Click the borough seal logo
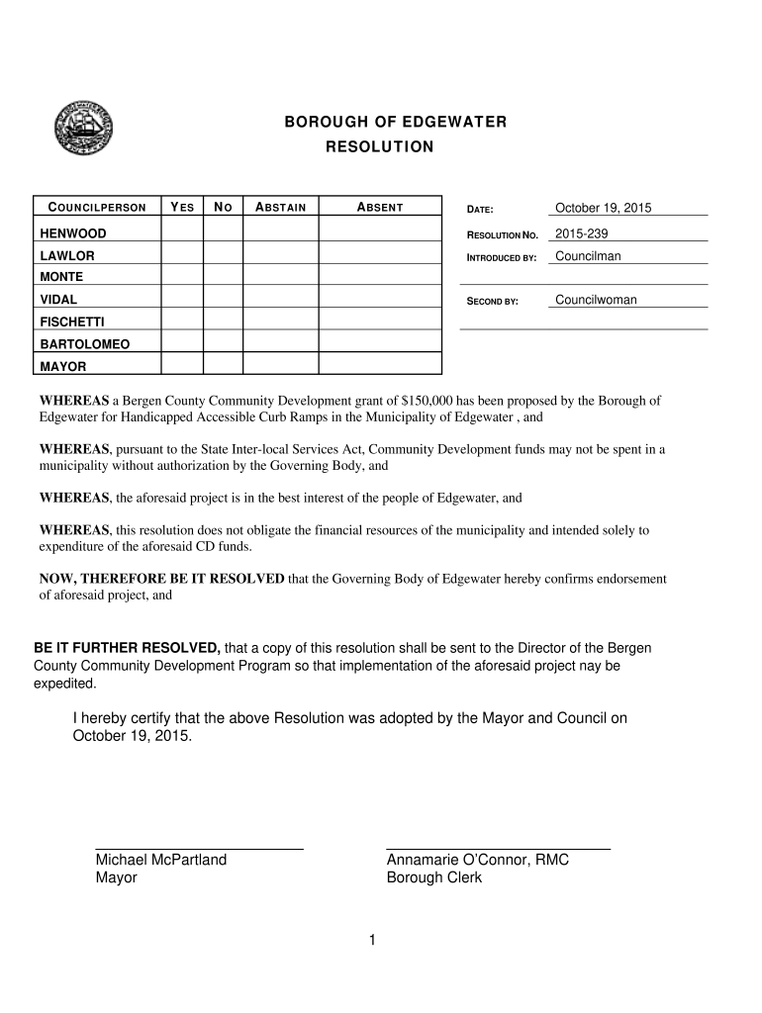pyautogui.click(x=84, y=126)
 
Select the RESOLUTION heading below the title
pyautogui.click(x=380, y=147)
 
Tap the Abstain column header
pyautogui.click(x=281, y=207)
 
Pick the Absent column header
pyautogui.click(x=380, y=207)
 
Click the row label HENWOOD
pyautogui.click(x=73, y=233)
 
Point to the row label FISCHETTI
pyautogui.click(x=72, y=322)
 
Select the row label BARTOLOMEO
pyautogui.click(x=84, y=344)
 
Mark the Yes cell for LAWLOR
pyautogui.click(x=181, y=255)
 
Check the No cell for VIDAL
pyautogui.click(x=223, y=299)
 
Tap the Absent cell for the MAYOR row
pyautogui.click(x=380, y=366)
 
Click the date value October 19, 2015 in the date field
pyautogui.click(x=603, y=208)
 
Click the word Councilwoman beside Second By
pyautogui.click(x=596, y=300)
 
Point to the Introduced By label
pyautogui.click(x=501, y=258)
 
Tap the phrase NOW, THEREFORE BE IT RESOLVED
pyautogui.click(x=161, y=579)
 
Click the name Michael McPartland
pyautogui.click(x=161, y=860)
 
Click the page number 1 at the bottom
pyautogui.click(x=372, y=940)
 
